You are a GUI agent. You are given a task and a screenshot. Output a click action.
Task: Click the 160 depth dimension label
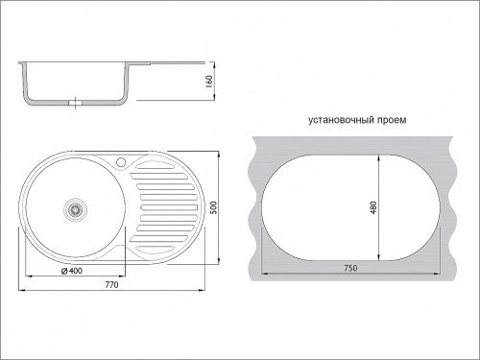coord(209,82)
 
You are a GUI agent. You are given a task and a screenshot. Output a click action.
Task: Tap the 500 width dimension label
coord(214,207)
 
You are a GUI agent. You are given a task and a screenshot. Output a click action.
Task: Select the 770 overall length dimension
coord(111,284)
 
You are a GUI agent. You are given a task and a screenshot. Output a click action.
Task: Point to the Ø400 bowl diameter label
coord(72,271)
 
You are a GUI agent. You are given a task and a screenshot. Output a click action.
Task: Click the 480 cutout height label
coord(373,207)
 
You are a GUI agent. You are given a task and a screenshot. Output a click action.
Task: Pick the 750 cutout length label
coord(350,268)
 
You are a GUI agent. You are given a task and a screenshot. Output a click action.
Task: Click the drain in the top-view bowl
coord(75,208)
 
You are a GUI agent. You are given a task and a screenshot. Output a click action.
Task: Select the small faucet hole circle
coord(121,162)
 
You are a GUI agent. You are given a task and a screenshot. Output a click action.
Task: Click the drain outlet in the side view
coord(75,103)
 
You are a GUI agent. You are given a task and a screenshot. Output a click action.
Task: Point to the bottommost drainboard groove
coord(155,249)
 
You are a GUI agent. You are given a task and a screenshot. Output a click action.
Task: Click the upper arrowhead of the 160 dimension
coord(214,64)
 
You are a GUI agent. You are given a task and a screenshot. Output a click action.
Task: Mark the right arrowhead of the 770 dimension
coord(202,290)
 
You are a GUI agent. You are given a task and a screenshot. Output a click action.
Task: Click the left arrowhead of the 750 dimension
coord(265,274)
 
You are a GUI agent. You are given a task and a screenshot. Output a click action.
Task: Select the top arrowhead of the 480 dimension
coord(378,158)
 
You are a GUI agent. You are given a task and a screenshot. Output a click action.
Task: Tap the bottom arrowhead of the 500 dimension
coord(219,261)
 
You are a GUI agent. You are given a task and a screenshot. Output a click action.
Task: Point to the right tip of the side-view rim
coord(204,62)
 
